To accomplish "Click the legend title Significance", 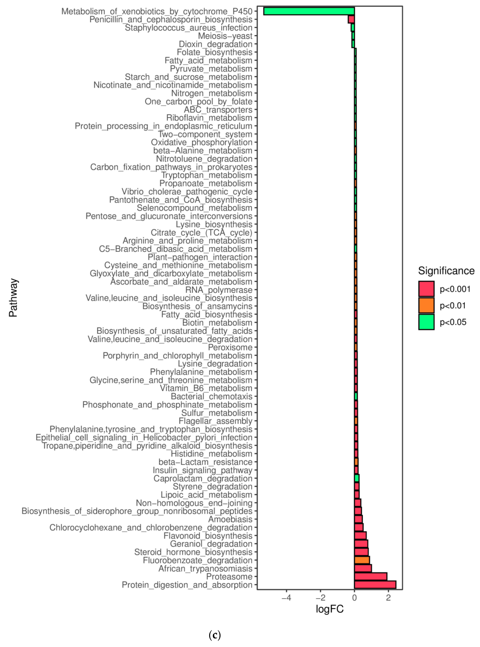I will click(446, 271).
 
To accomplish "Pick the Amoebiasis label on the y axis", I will click(230, 519).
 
